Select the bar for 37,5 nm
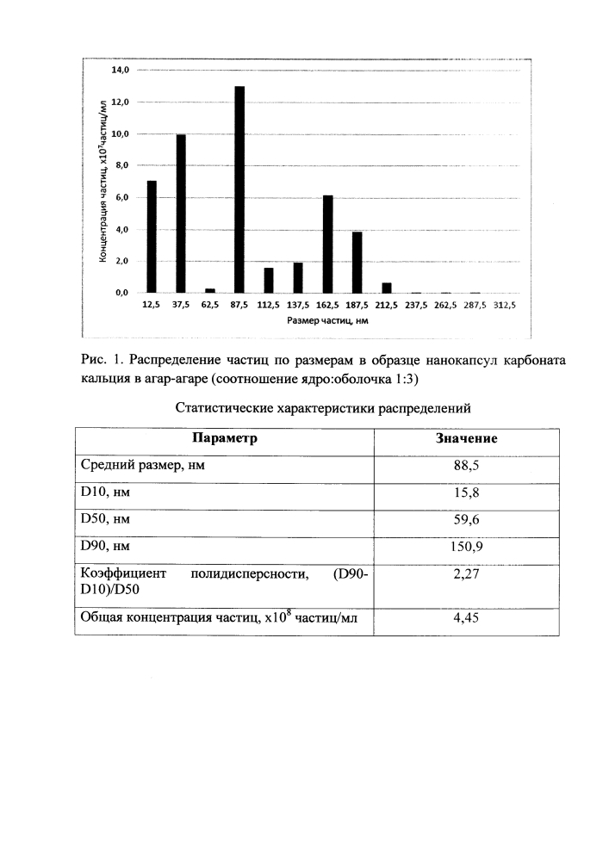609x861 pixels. point(181,214)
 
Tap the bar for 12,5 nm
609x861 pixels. point(152,237)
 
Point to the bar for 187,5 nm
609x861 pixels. point(357,263)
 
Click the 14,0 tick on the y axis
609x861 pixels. point(120,70)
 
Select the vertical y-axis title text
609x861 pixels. point(103,181)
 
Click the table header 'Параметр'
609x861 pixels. point(225,438)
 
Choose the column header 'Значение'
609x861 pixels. point(468,438)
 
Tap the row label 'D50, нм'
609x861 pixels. point(106,520)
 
